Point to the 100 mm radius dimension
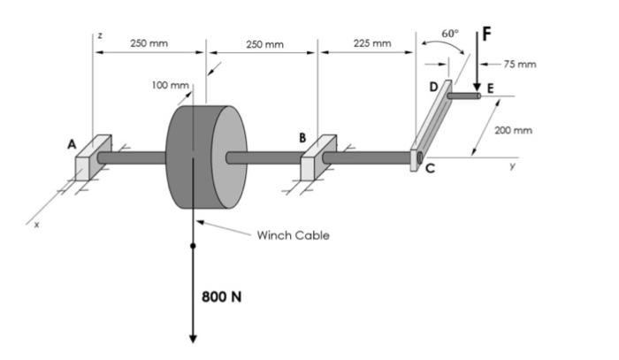pos(170,85)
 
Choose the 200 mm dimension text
pos(513,130)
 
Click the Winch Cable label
pos(293,235)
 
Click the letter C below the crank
pos(431,171)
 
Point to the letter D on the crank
pos(433,87)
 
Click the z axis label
pos(100,34)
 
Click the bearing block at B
pos(318,159)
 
